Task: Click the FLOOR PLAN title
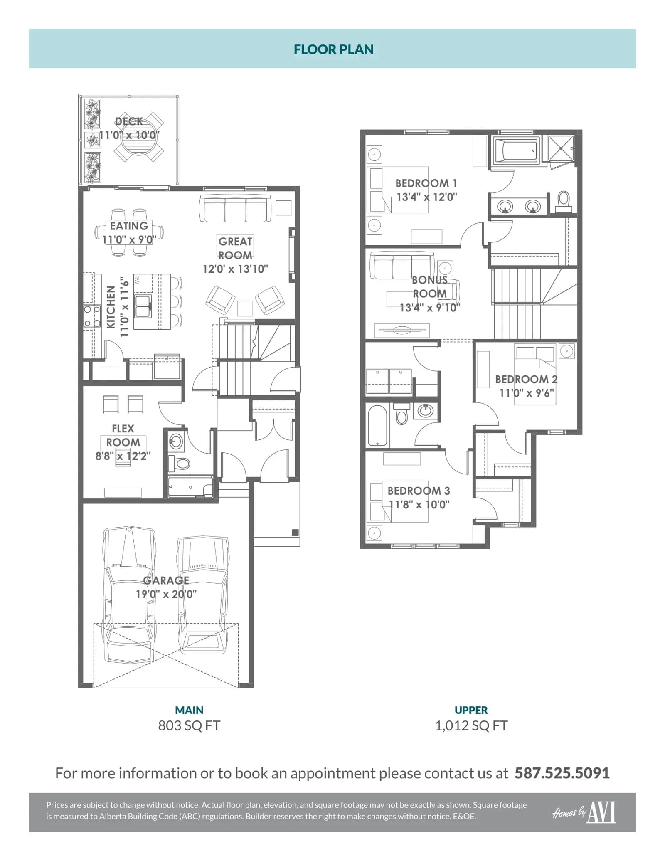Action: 333,49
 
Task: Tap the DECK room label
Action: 129,121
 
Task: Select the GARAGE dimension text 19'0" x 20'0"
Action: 166,594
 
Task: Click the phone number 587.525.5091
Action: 562,773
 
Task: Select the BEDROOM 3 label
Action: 419,491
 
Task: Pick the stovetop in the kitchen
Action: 92,316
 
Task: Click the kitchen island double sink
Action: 143,306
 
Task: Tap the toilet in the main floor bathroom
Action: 179,463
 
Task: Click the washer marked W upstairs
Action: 401,381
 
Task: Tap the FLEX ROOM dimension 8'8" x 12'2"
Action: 123,456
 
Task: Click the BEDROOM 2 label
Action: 526,379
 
